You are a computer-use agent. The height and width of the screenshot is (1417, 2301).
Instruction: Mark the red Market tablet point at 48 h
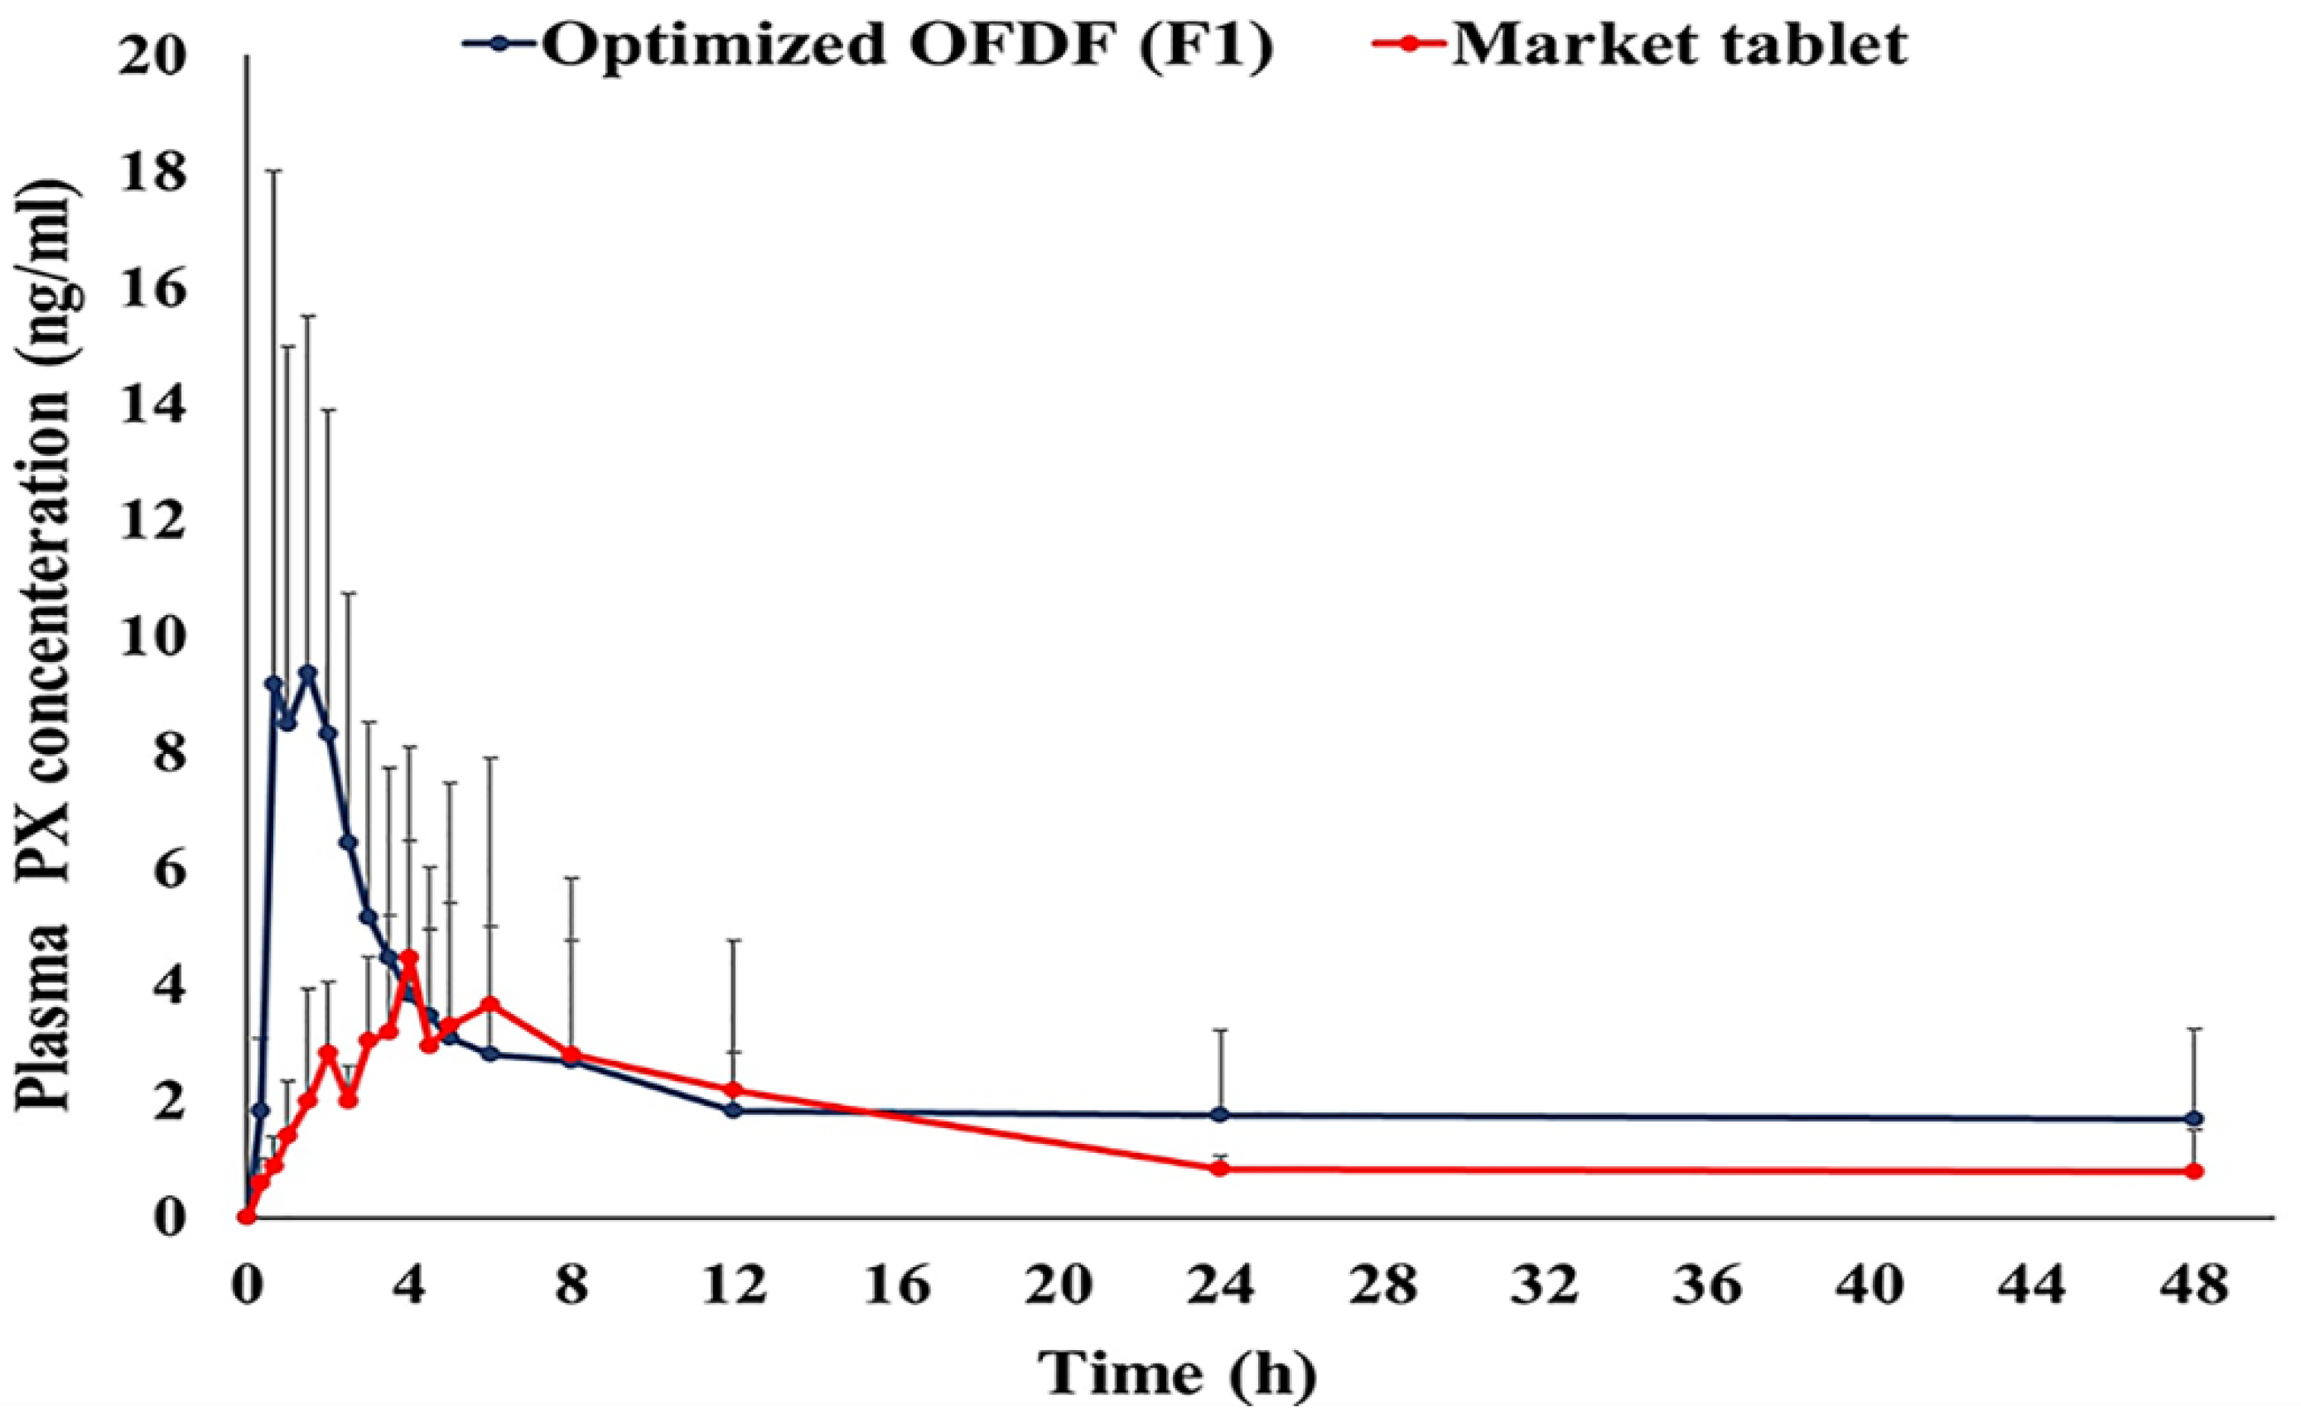[2194, 1171]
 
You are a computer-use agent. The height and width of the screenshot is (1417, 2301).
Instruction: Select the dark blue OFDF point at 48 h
[2194, 1119]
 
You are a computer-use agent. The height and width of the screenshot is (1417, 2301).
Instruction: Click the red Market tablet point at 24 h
[1220, 1169]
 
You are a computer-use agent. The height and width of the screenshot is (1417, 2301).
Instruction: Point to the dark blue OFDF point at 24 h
[1220, 1115]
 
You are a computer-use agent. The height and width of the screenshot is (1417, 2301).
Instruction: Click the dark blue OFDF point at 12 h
[733, 1111]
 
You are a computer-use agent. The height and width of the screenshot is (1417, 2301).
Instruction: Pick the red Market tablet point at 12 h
[733, 1090]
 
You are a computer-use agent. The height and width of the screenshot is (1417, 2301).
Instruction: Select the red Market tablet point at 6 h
[490, 1004]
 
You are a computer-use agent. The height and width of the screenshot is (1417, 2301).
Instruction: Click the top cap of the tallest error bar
[274, 171]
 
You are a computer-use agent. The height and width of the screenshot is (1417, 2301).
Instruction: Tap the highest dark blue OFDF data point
[307, 672]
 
